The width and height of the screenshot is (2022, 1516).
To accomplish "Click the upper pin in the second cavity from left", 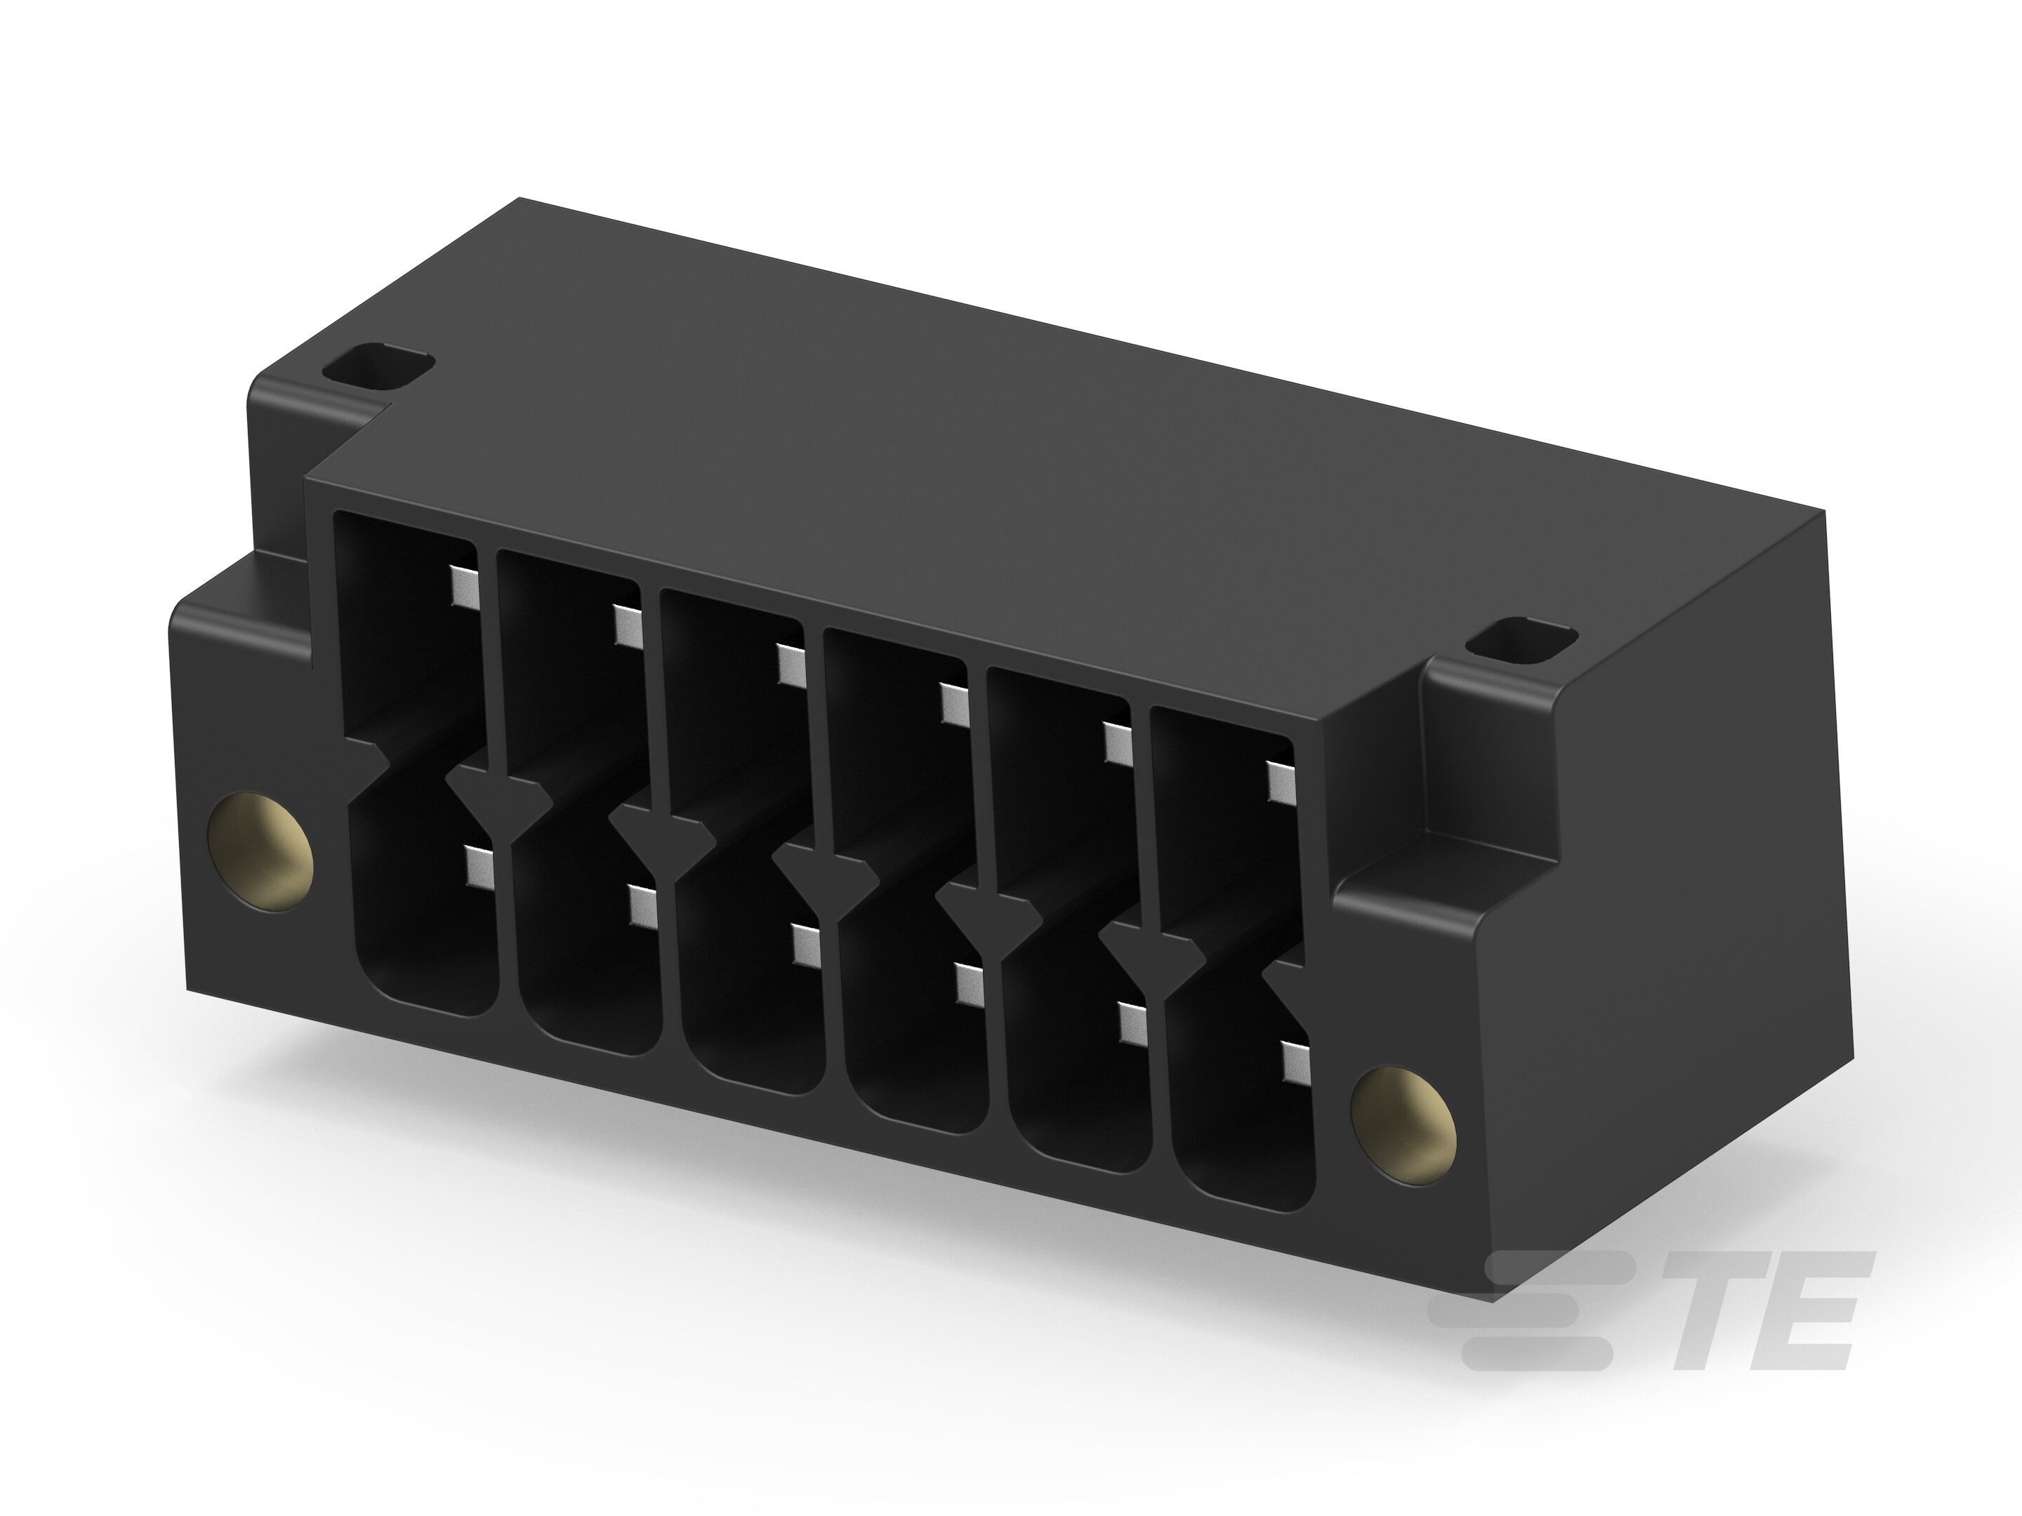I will (626, 626).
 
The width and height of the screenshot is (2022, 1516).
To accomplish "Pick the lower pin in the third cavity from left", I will (806, 946).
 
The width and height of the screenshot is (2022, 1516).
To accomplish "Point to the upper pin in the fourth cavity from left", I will (953, 704).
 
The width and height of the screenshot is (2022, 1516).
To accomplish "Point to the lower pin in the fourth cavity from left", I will (969, 984).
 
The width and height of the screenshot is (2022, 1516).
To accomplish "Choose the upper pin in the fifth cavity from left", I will (1117, 742).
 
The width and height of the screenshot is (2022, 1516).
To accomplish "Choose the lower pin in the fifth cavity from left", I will (1133, 1023).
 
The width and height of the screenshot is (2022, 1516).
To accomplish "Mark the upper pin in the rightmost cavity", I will (1280, 780).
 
